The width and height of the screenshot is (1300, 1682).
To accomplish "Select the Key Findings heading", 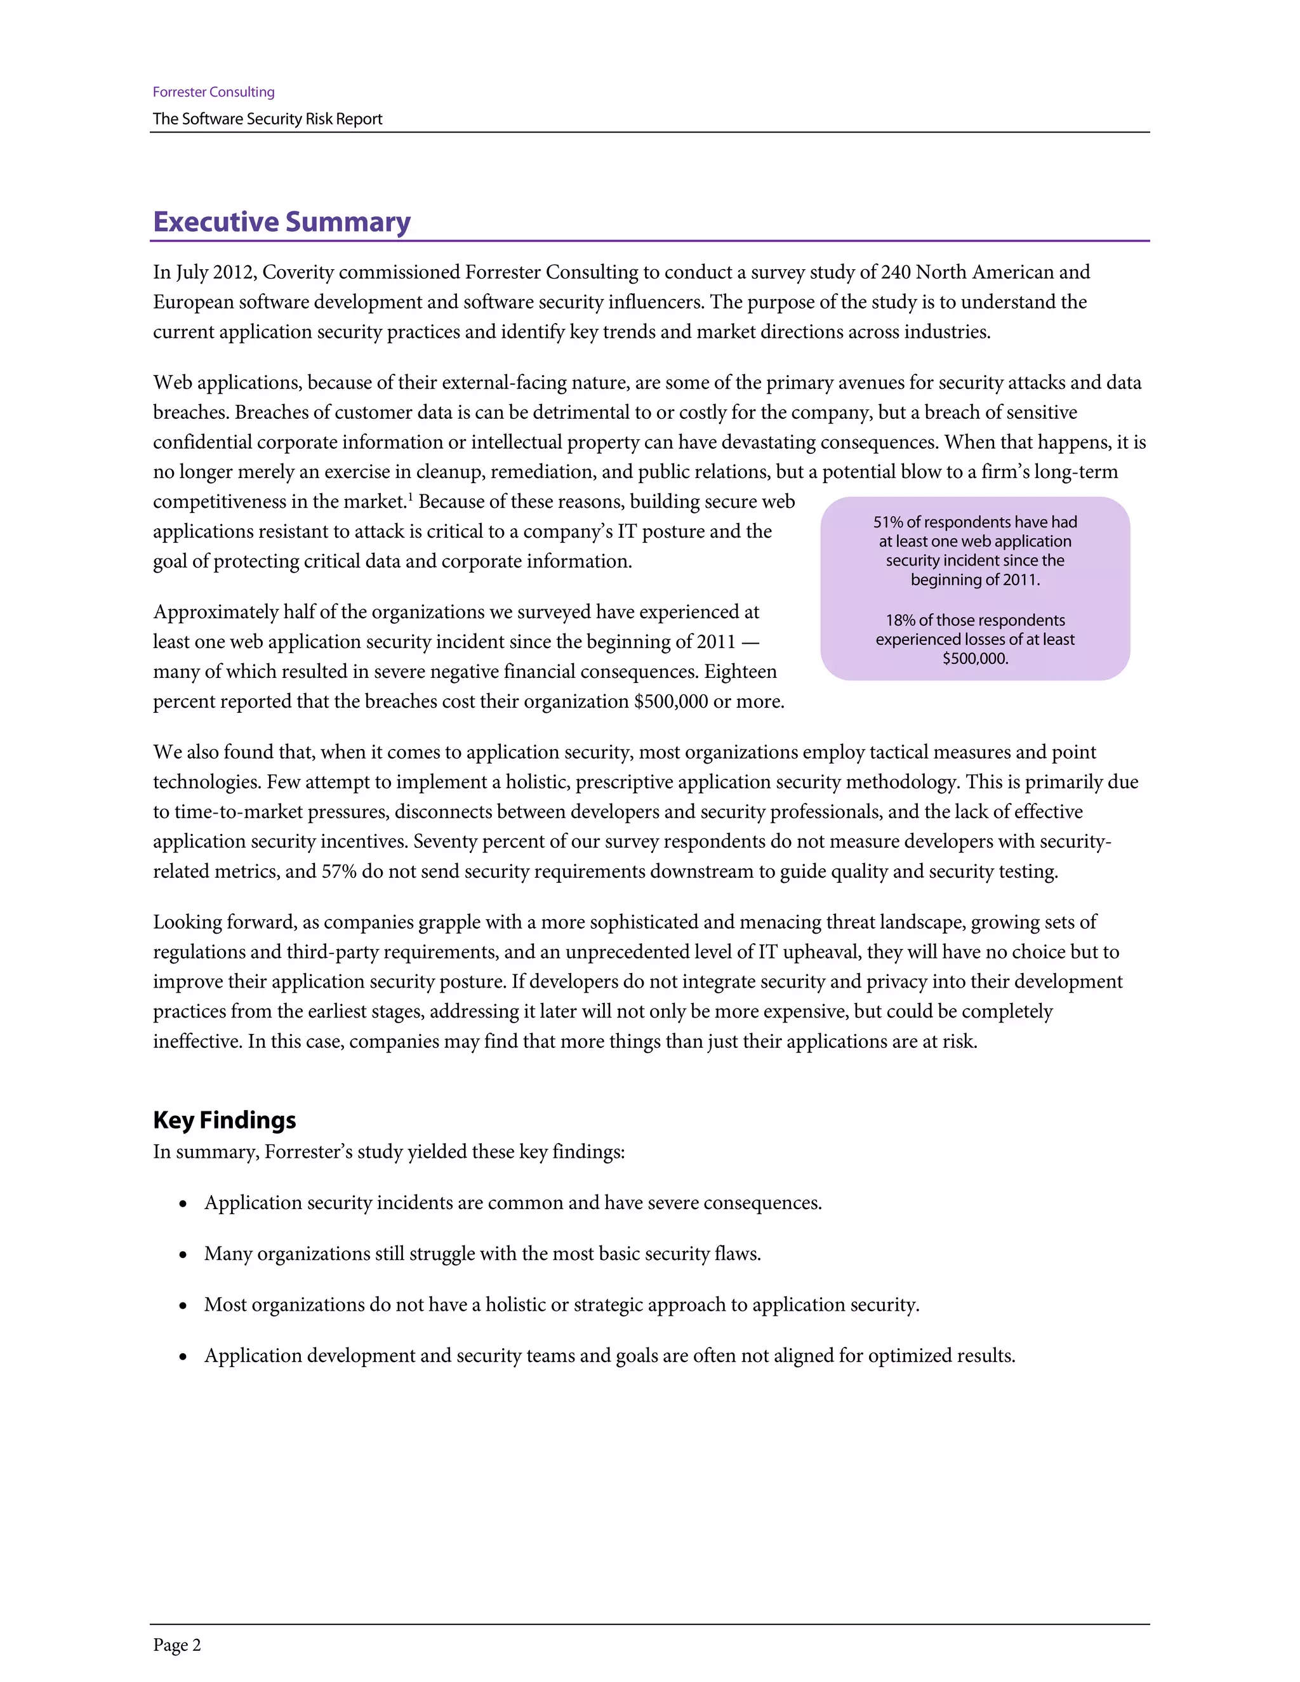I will coord(224,1120).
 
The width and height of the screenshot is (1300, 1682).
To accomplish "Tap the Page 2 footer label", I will coord(176,1645).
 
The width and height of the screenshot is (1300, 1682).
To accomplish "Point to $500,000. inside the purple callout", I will coord(975,658).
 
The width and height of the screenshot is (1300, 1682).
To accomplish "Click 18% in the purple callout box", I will coord(899,620).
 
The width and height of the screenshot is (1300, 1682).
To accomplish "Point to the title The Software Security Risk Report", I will coord(267,119).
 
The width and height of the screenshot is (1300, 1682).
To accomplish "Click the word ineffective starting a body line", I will coord(197,1041).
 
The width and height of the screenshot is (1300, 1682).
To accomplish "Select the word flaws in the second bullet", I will coord(736,1254).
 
